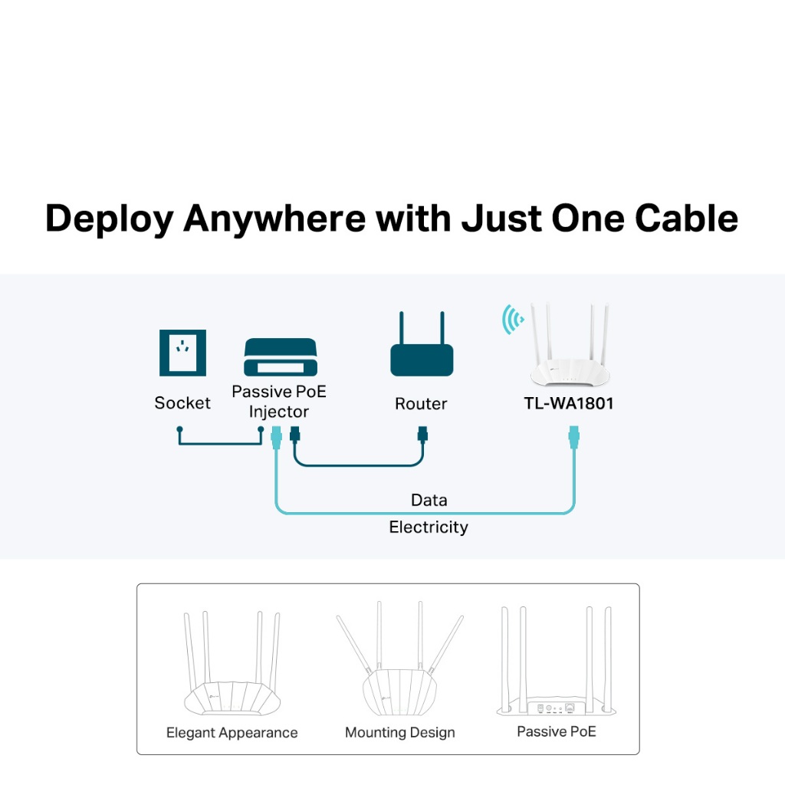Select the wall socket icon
(182, 353)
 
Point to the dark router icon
(422, 349)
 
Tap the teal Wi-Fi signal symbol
(513, 320)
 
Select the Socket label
(182, 403)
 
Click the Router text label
(421, 404)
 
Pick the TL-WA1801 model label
(569, 403)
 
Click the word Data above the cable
(429, 501)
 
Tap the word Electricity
(429, 527)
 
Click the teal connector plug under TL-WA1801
(572, 439)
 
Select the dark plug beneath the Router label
(422, 437)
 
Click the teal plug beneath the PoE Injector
(277, 439)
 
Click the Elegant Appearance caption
(232, 733)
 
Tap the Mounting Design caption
(399, 733)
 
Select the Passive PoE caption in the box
(556, 731)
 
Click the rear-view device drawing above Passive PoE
(556, 667)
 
